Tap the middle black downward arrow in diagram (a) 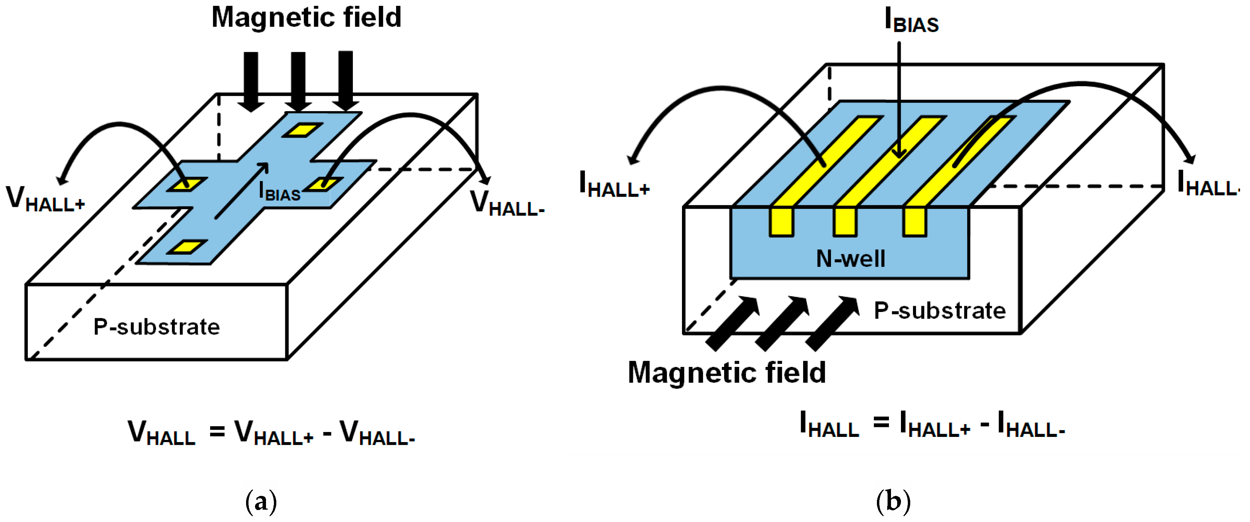298,80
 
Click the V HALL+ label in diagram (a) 45,199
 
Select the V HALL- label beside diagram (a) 507,204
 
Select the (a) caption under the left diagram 261,501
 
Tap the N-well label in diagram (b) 850,258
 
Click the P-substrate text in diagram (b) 939,311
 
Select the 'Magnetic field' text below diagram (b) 726,373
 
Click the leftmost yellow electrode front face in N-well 781,222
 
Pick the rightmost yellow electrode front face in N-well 915,222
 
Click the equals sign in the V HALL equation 217,431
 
